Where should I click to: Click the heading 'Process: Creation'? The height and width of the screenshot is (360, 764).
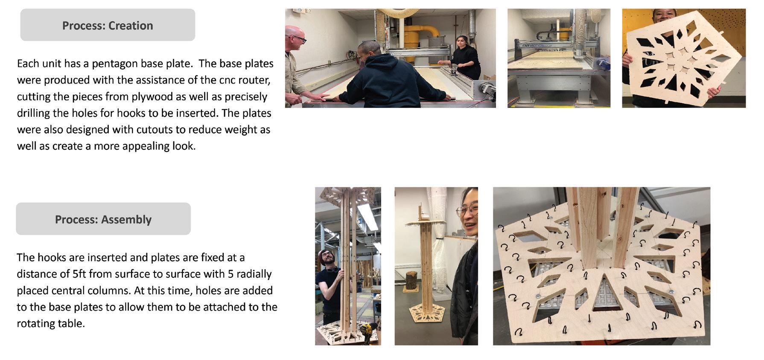click(108, 26)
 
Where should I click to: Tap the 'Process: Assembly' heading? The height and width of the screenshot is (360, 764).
click(103, 220)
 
